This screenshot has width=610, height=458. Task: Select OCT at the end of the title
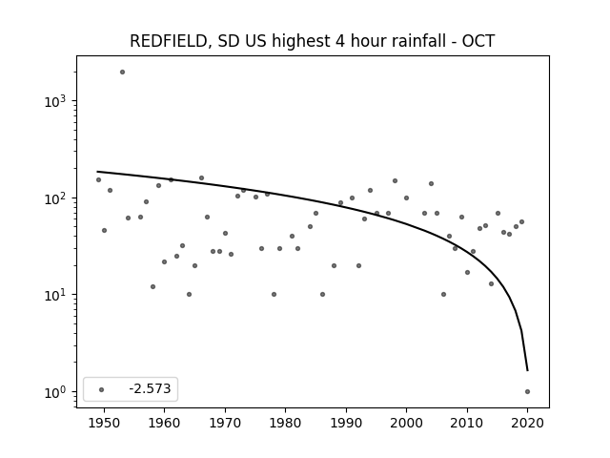(x=478, y=41)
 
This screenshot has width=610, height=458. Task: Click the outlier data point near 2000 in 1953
(x=122, y=73)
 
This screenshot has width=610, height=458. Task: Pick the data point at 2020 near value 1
(x=527, y=392)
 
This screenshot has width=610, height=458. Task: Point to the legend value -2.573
(x=150, y=388)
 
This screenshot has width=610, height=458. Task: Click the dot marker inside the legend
(x=101, y=389)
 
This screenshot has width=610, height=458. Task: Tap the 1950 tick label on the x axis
(x=104, y=423)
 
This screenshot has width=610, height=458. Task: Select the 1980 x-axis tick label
(x=285, y=423)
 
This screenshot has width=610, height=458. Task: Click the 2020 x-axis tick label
(x=527, y=423)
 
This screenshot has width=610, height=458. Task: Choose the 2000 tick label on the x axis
(x=406, y=423)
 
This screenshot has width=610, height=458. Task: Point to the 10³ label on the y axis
(x=55, y=101)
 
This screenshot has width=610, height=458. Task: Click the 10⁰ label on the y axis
(x=55, y=392)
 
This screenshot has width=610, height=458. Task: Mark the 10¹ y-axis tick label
(x=55, y=295)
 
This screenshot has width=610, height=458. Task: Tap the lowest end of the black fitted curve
(x=527, y=370)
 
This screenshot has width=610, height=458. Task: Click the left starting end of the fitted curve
(x=97, y=172)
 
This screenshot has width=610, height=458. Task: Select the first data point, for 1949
(x=98, y=180)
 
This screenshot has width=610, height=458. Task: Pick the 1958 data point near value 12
(x=152, y=286)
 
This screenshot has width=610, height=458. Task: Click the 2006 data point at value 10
(x=443, y=295)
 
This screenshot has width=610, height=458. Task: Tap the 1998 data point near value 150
(x=395, y=180)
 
